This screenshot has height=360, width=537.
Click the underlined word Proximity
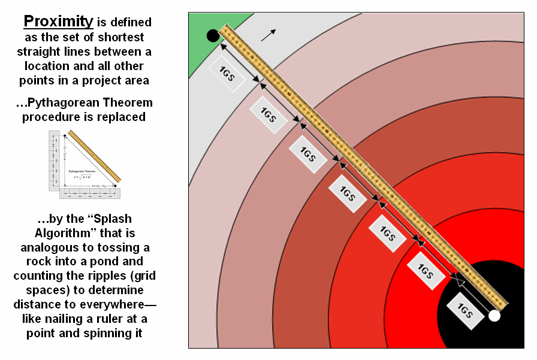tap(58, 22)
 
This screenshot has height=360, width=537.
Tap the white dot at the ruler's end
tap(494, 316)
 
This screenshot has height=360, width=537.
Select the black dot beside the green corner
tap(213, 36)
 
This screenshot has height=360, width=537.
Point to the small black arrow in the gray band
tap(269, 35)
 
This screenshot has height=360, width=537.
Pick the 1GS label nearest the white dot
tap(464, 310)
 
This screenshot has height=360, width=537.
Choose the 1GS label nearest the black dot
tap(227, 74)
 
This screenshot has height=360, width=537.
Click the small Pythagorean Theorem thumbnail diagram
tap(85, 164)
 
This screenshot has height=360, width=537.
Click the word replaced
tap(119, 117)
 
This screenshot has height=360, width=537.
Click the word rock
tap(40, 261)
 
